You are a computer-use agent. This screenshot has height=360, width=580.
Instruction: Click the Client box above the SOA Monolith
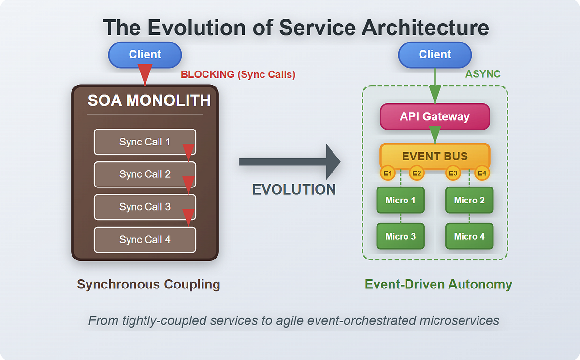(x=145, y=55)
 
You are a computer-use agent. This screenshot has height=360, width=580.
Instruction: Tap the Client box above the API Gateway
(x=435, y=55)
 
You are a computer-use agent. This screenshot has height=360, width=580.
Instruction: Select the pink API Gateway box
(x=435, y=116)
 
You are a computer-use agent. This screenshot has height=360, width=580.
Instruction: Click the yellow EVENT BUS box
(x=435, y=156)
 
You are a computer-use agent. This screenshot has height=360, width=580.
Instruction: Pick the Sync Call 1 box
(x=145, y=142)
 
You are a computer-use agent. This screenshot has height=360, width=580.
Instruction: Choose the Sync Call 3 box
(x=145, y=207)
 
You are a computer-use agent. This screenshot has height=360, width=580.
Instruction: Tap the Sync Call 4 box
(x=145, y=240)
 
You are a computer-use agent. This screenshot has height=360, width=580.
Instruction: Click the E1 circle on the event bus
(x=388, y=173)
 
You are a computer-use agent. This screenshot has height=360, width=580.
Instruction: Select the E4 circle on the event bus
(x=482, y=173)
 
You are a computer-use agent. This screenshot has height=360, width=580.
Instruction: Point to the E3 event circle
(x=453, y=173)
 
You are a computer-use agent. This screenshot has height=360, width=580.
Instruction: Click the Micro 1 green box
(x=400, y=200)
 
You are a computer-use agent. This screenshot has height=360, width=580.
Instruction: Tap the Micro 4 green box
(x=469, y=236)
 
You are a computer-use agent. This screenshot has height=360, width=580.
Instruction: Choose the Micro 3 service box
(x=400, y=236)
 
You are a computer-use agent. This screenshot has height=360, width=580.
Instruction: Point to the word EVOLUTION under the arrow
(x=294, y=189)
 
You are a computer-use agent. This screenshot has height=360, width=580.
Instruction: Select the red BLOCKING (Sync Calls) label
(x=238, y=75)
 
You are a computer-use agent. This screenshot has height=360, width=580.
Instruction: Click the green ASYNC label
(x=482, y=74)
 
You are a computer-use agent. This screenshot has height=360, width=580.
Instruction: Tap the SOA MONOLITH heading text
(x=149, y=101)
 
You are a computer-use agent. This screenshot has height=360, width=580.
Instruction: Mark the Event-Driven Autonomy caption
(x=438, y=284)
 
